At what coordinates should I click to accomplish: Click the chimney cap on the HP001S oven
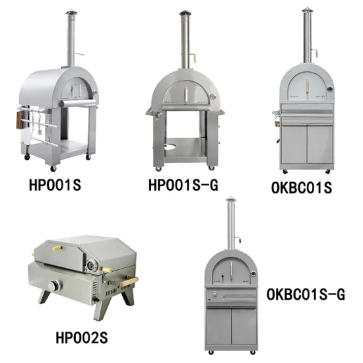pyautogui.click(x=70, y=13)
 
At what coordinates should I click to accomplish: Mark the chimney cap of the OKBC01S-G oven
pyautogui.click(x=230, y=199)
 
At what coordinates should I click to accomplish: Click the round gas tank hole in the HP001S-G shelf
pyautogui.click(x=171, y=145)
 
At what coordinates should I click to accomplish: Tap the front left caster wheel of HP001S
pyautogui.click(x=27, y=158)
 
